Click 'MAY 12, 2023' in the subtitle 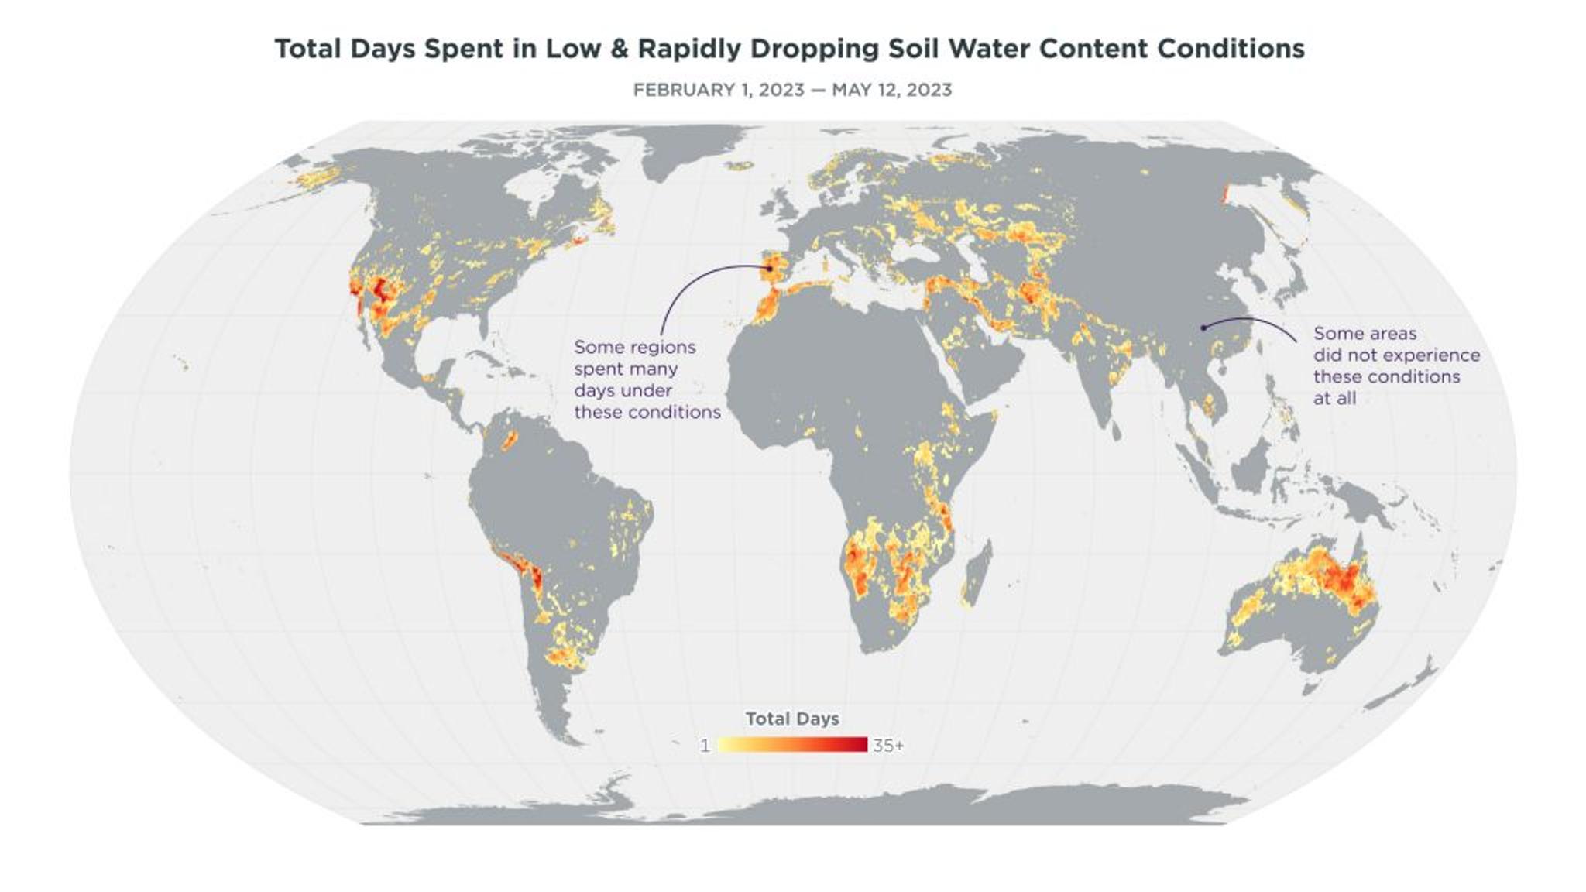point(891,90)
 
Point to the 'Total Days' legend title point(792,719)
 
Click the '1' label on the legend point(705,746)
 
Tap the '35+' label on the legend point(888,746)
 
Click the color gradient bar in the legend point(792,745)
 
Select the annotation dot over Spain point(771,269)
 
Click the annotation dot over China point(1203,328)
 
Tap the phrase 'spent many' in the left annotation point(626,369)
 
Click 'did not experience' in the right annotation point(1396,355)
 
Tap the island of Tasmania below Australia point(1310,686)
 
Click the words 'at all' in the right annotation point(1334,398)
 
